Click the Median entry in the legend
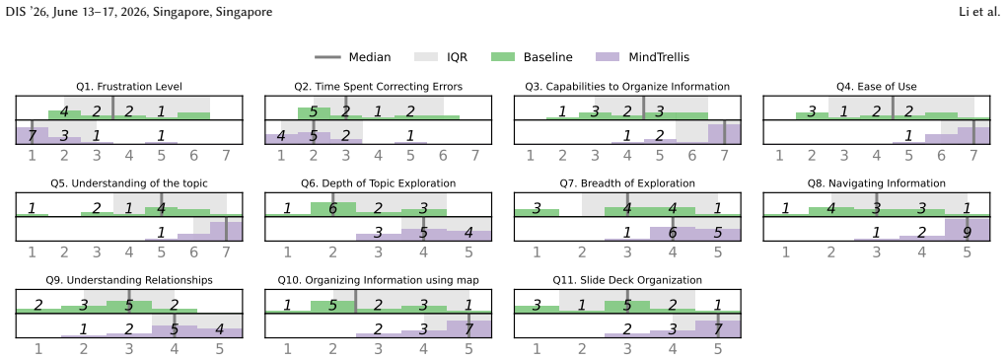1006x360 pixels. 352,57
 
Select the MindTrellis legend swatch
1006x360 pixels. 607,57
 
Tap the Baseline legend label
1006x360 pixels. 548,57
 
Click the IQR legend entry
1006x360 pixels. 458,57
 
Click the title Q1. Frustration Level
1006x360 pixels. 129,87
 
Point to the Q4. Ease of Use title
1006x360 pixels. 877,87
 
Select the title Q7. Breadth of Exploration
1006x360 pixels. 627,183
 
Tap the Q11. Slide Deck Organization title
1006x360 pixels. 627,280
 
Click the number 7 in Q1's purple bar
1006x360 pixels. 33,135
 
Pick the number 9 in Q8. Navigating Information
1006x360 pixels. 967,233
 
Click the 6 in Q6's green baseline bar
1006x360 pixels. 333,208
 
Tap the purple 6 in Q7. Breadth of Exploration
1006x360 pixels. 673,233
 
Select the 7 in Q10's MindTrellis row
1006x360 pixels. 468,329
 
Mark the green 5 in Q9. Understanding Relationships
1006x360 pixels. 129,305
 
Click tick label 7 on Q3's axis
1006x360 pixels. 724,155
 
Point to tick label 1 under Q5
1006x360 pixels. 33,252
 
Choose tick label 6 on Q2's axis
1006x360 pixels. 443,155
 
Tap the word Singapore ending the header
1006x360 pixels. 246,12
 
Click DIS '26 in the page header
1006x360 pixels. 22,12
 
